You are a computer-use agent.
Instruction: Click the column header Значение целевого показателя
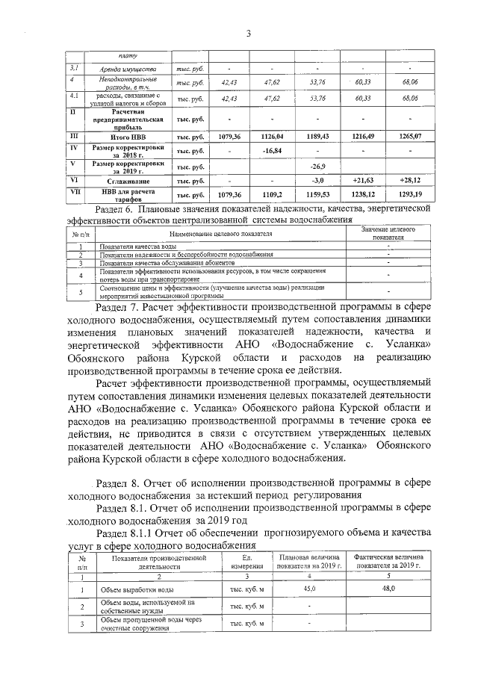388,233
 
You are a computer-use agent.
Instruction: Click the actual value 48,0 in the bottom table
388,589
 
